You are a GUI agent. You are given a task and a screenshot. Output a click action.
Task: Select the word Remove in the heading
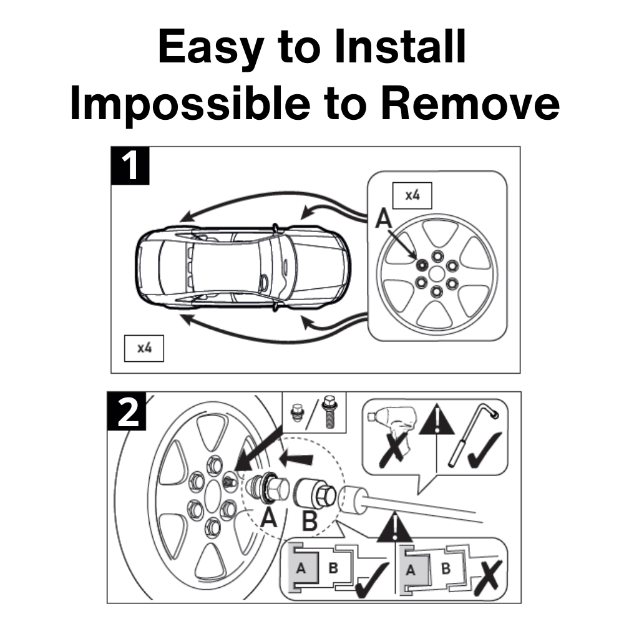click(x=470, y=103)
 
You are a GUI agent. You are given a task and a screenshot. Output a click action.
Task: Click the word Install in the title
click(x=401, y=46)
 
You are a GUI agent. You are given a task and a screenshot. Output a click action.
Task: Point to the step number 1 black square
click(x=130, y=165)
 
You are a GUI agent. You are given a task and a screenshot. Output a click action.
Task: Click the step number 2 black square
click(x=127, y=411)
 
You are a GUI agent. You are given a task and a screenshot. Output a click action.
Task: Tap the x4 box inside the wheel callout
click(x=412, y=195)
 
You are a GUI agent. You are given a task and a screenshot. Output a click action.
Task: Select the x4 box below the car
click(x=144, y=348)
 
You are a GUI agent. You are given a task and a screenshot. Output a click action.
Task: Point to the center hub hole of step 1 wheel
click(x=437, y=274)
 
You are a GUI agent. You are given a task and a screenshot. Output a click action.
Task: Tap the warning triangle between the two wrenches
click(x=437, y=419)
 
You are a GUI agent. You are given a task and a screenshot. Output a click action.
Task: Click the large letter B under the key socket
click(x=310, y=520)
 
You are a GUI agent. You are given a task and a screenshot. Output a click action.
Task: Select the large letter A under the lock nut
click(x=268, y=517)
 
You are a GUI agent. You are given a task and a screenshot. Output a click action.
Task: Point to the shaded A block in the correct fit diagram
click(x=305, y=568)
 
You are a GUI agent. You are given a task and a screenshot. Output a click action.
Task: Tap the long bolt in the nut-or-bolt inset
click(x=329, y=412)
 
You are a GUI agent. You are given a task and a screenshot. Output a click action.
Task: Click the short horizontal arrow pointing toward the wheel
click(x=296, y=459)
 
